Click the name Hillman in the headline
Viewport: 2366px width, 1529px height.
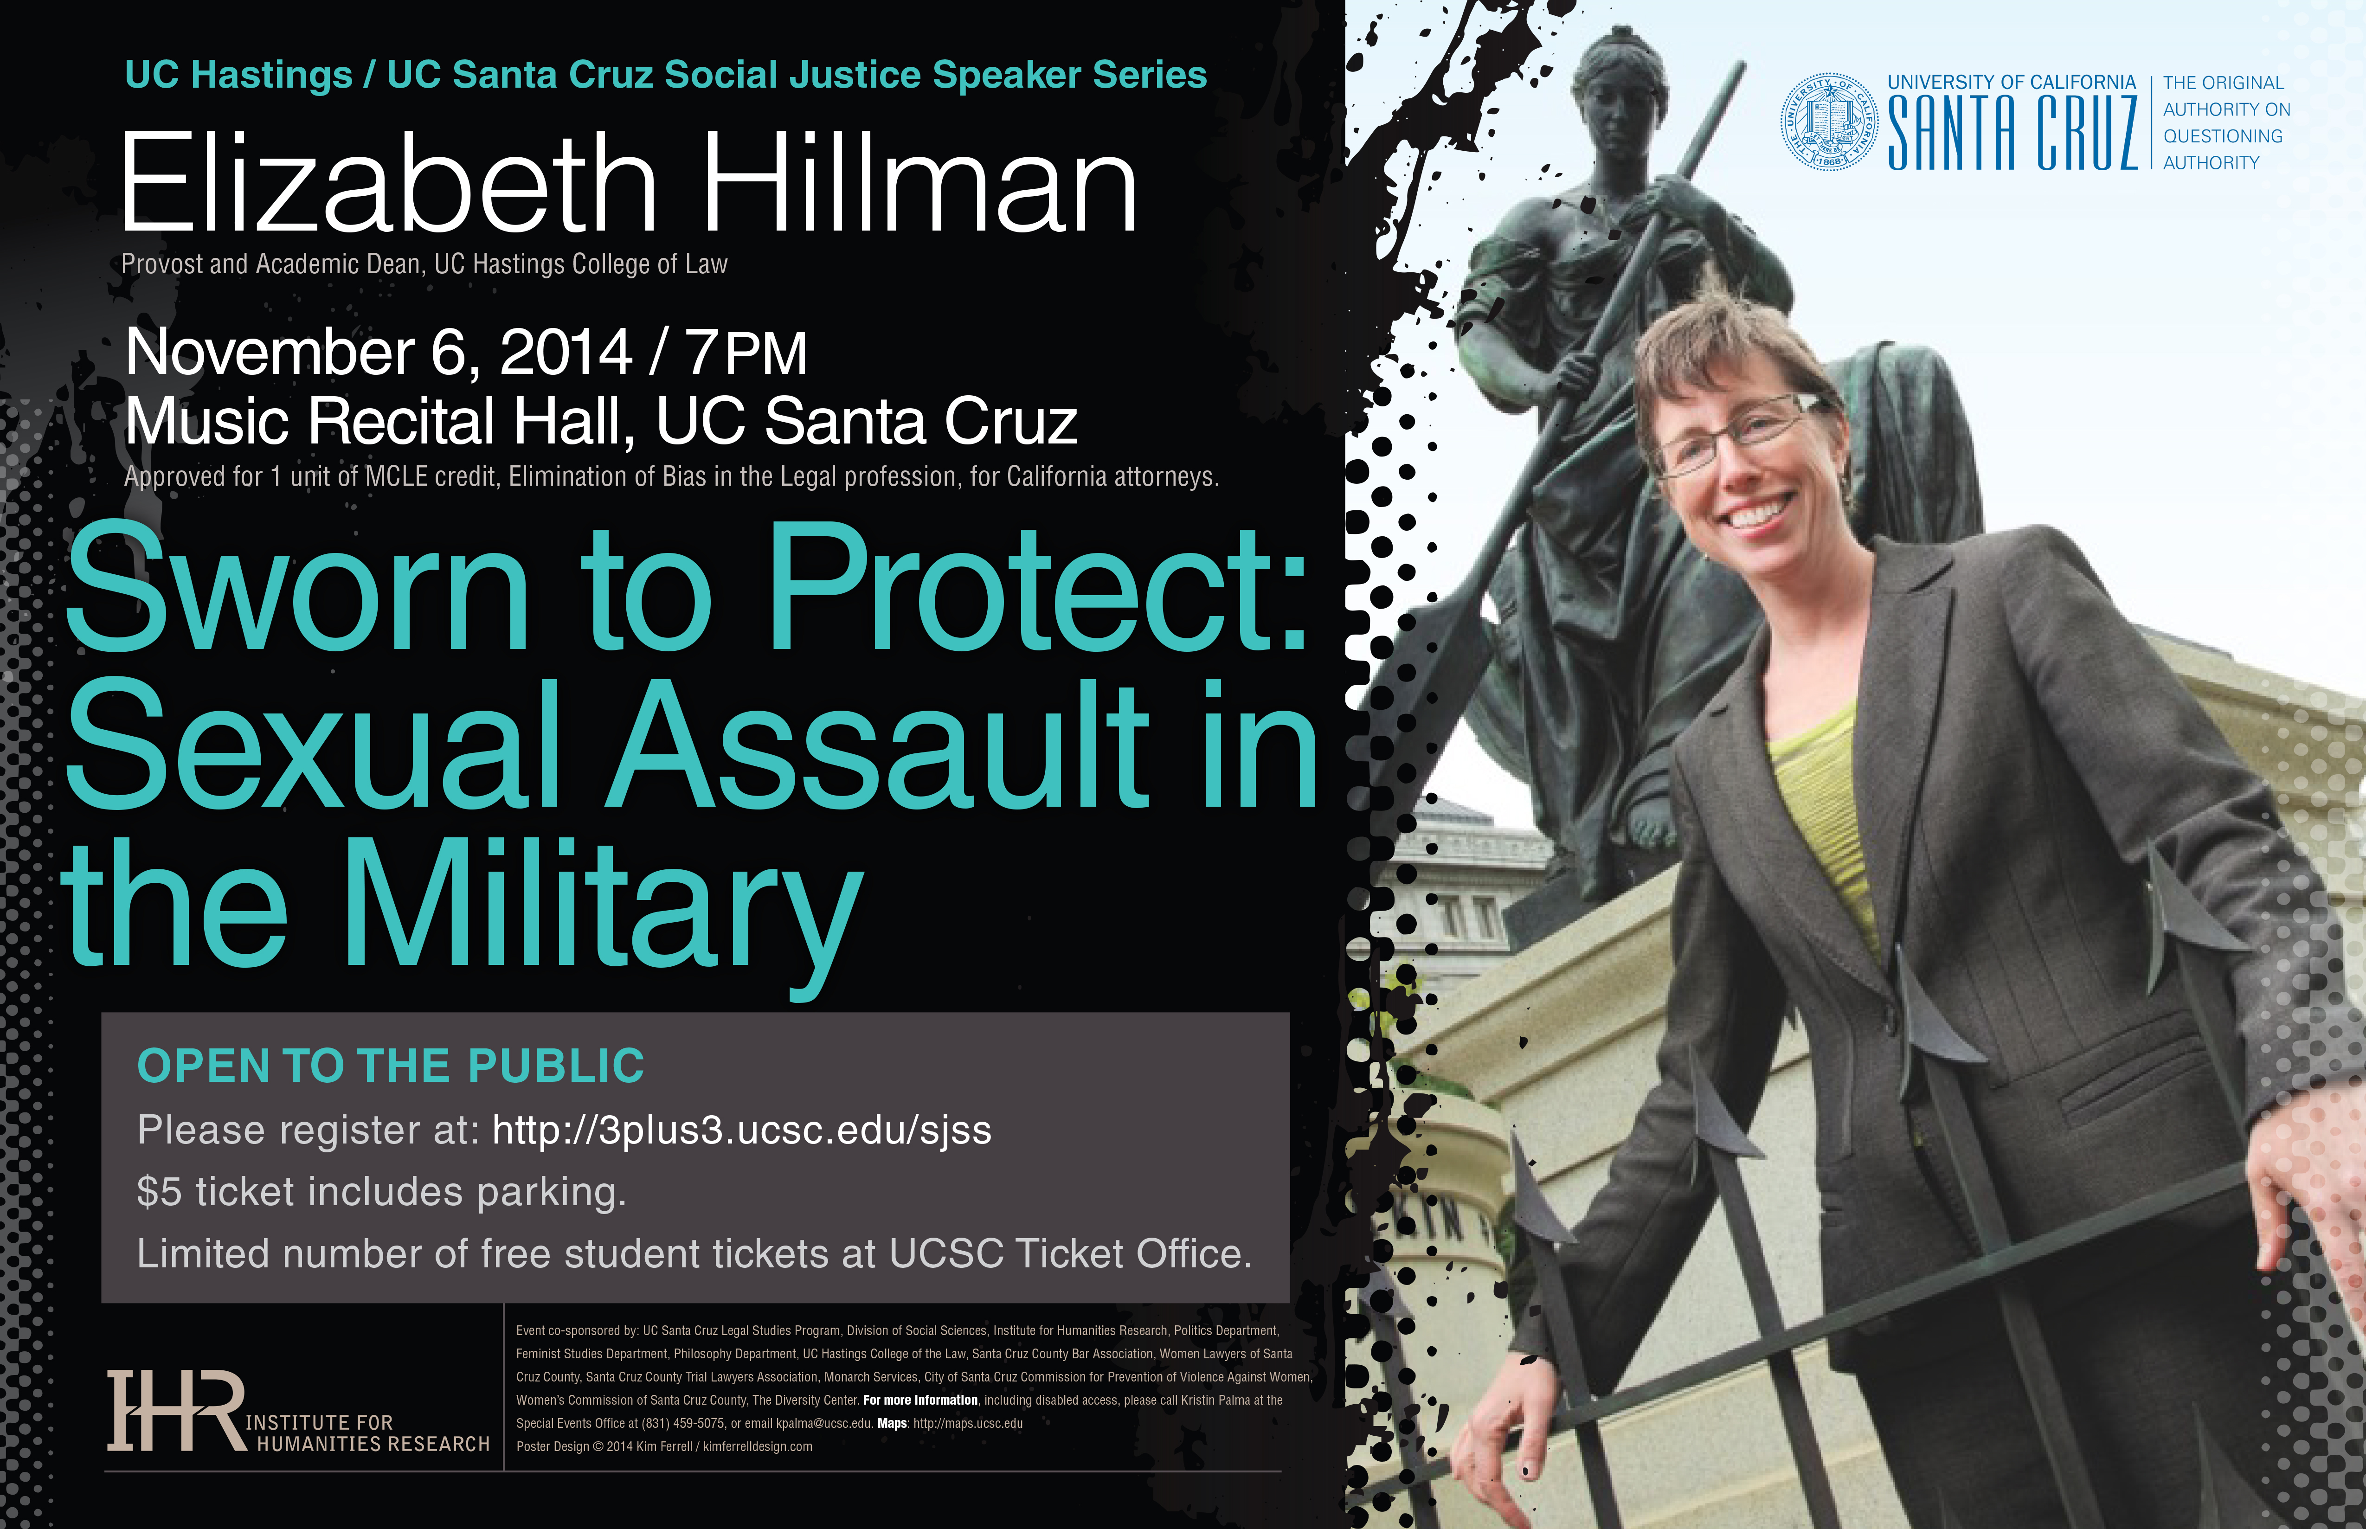click(919, 184)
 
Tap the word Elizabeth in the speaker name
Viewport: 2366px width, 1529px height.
click(387, 184)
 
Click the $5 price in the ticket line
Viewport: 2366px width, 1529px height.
click(160, 1191)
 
